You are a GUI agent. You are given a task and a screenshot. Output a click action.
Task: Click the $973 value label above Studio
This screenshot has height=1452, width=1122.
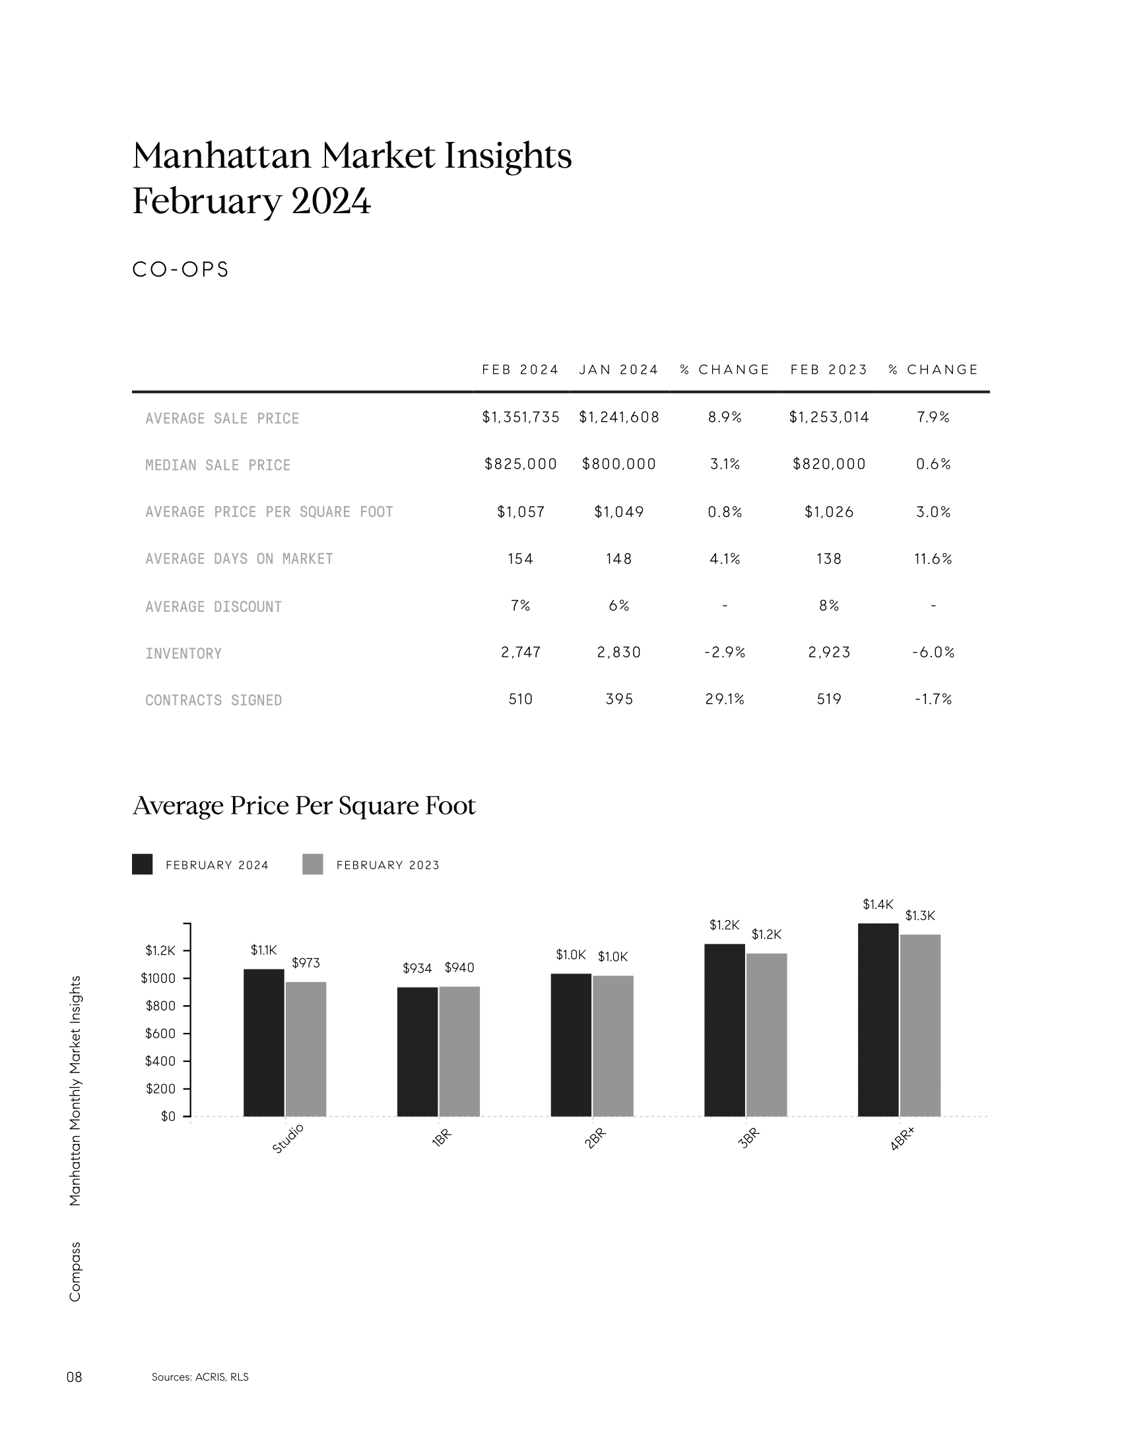click(306, 963)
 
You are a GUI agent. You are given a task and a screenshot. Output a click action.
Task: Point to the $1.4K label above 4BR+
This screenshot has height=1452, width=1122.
click(878, 904)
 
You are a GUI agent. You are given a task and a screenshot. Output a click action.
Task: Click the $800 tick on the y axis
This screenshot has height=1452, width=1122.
click(160, 1006)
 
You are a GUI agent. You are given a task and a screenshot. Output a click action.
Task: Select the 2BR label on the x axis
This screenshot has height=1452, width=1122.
click(595, 1138)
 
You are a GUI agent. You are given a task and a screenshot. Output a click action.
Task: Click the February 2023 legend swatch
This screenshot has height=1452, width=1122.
click(312, 865)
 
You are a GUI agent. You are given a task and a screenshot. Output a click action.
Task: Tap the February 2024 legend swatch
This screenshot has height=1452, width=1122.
click(143, 865)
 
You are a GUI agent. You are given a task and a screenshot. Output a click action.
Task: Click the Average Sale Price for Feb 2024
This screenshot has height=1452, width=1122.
click(521, 418)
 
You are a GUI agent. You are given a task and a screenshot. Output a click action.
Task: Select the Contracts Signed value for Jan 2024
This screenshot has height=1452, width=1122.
click(619, 700)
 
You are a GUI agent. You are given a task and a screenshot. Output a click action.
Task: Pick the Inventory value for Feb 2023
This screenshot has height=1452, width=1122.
click(829, 653)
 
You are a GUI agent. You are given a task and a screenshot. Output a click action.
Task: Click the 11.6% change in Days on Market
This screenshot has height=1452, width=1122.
click(933, 559)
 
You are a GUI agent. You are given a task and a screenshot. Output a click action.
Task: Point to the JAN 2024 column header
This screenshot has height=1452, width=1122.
click(618, 370)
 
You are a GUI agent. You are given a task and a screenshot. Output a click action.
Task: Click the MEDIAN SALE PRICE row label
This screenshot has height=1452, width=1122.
click(218, 465)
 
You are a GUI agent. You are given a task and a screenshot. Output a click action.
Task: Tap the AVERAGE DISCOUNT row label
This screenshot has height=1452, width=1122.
click(213, 607)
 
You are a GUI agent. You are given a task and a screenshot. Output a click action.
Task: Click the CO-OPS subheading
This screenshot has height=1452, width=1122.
click(181, 269)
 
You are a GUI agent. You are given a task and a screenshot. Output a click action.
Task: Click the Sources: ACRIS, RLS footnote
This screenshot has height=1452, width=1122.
click(200, 1377)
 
